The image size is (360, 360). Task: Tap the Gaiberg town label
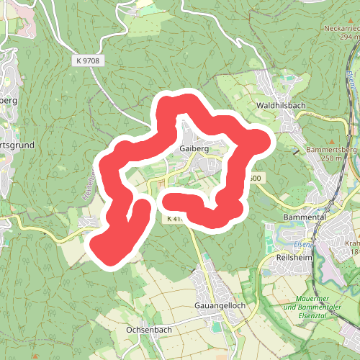click(195, 149)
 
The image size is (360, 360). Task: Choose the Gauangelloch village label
click(220, 305)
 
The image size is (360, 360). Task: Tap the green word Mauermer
click(315, 299)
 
